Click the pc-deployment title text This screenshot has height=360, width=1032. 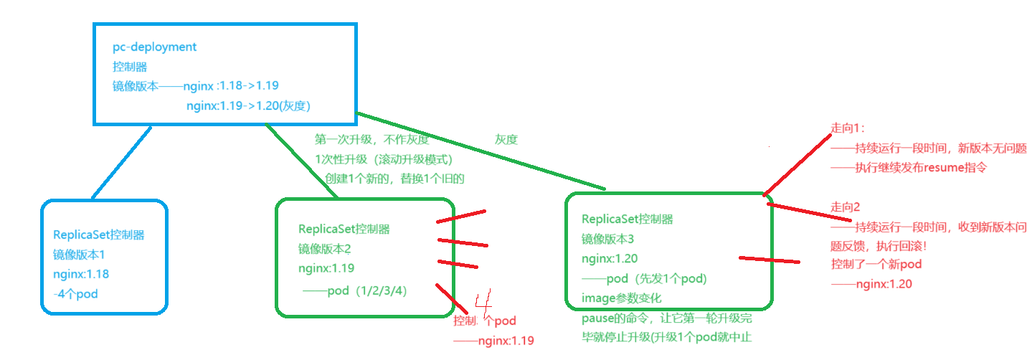(154, 47)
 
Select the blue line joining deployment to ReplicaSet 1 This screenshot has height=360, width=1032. (122, 162)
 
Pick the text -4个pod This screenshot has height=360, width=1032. (75, 293)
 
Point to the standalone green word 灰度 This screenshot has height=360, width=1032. (506, 139)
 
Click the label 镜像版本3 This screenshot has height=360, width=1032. (608, 239)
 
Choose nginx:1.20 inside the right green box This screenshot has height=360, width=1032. (610, 259)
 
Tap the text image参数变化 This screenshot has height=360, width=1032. (621, 298)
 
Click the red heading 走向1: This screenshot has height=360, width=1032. (848, 128)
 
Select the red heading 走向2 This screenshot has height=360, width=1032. (846, 207)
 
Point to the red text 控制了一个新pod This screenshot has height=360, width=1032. (876, 265)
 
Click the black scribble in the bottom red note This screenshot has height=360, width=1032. (481, 320)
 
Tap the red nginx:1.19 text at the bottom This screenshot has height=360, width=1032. (506, 341)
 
